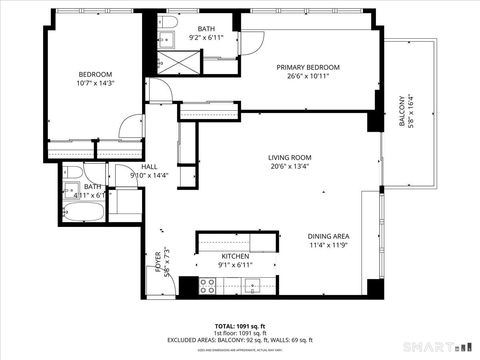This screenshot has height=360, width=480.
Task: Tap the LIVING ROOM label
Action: pyautogui.click(x=290, y=157)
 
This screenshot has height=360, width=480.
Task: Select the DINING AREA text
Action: pyautogui.click(x=328, y=235)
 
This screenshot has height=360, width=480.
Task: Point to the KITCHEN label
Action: pyautogui.click(x=235, y=256)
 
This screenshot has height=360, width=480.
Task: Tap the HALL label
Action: pyautogui.click(x=149, y=167)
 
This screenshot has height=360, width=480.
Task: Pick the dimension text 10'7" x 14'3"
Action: pyautogui.click(x=96, y=83)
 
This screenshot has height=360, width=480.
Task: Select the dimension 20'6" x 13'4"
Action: pyautogui.click(x=290, y=167)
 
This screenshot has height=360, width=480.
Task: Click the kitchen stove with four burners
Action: pyautogui.click(x=209, y=287)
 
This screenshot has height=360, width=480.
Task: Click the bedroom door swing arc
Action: pyautogui.click(x=127, y=127)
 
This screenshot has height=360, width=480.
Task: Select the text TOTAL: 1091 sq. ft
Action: pyautogui.click(x=239, y=326)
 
